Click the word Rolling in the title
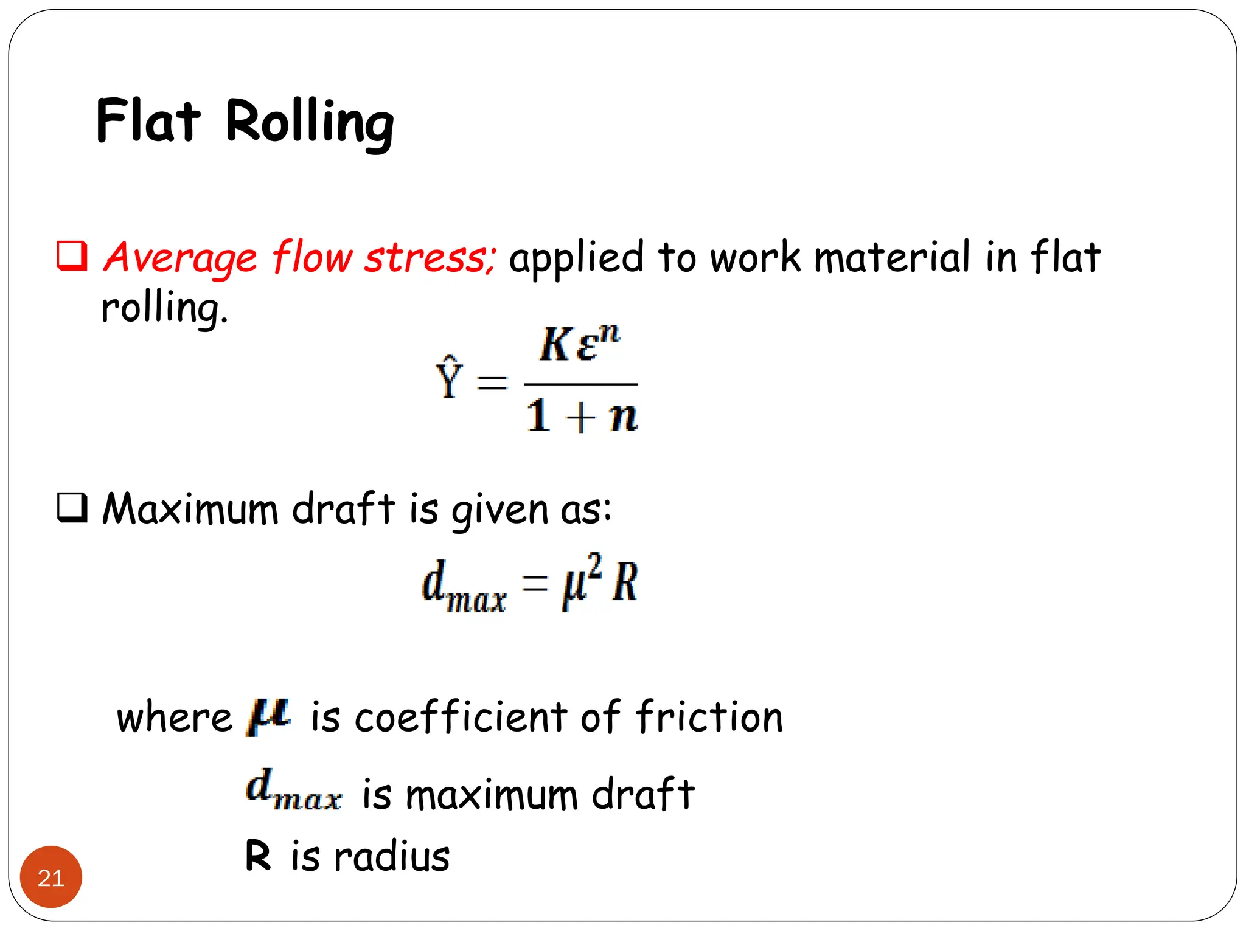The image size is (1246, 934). (x=310, y=123)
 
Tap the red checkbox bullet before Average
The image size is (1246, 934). (x=72, y=255)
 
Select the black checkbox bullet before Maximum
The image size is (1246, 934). (x=72, y=507)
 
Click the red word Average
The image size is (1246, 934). (x=180, y=258)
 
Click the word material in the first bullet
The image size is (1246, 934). (x=892, y=258)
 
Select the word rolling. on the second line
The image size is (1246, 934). (x=164, y=309)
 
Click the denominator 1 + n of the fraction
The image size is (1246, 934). (x=582, y=417)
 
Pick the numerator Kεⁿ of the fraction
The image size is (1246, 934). (x=579, y=344)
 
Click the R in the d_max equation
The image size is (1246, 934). (x=625, y=582)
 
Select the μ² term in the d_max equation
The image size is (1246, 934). (x=581, y=581)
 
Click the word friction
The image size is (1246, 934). (x=710, y=717)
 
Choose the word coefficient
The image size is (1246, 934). (x=461, y=717)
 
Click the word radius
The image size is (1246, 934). (x=392, y=856)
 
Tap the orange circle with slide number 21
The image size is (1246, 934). (x=51, y=877)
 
